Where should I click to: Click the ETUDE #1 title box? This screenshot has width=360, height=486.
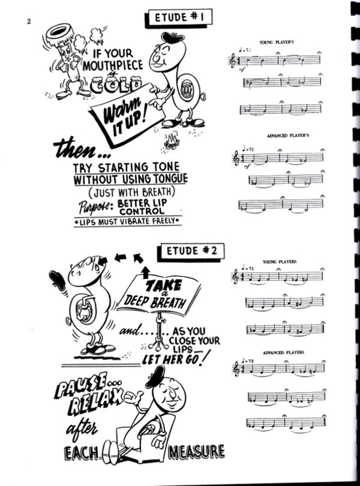(179, 18)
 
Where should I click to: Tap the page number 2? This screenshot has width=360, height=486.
(29, 22)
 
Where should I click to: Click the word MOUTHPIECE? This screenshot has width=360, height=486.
(113, 65)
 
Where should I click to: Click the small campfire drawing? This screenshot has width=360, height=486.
(172, 141)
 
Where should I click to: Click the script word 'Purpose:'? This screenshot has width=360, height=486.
(94, 208)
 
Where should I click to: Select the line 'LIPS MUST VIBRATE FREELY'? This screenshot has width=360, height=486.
(128, 222)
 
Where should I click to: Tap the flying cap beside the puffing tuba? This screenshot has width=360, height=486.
(58, 280)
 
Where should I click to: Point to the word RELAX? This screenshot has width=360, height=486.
(95, 403)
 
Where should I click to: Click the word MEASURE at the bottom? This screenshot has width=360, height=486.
(196, 452)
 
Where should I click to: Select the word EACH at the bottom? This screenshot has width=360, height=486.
(81, 454)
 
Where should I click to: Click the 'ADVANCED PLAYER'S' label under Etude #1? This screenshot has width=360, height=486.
(288, 136)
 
